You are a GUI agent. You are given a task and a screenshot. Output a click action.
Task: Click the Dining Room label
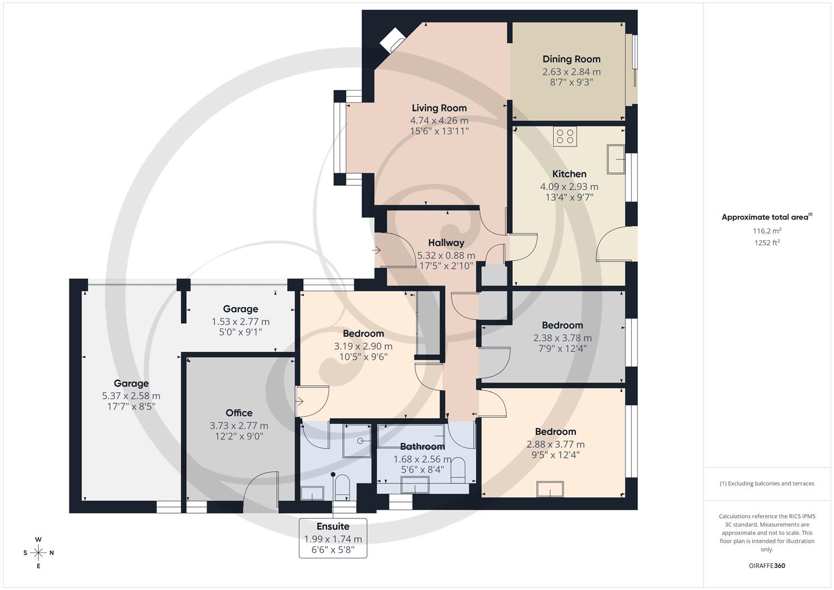571,59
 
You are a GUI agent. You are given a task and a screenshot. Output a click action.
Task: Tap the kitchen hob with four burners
565,136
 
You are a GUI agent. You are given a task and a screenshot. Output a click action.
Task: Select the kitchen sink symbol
616,159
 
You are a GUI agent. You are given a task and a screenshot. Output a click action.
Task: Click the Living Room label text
439,108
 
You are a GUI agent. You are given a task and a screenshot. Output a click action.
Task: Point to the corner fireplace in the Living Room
392,40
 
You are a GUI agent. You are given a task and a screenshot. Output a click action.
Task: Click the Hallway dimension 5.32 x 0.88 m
446,255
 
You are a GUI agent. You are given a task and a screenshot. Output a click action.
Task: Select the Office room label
239,413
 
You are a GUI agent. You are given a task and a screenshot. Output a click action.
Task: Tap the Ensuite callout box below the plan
333,538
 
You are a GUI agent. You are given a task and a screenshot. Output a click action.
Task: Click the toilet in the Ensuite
342,486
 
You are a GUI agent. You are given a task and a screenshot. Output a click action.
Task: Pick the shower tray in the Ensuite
357,440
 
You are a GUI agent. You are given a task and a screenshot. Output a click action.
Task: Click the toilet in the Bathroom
458,469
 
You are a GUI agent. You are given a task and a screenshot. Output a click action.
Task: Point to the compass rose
38,552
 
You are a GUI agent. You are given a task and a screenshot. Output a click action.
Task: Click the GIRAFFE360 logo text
767,565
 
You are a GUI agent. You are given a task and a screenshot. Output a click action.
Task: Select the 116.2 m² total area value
767,231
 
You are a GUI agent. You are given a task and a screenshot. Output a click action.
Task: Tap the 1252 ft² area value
767,243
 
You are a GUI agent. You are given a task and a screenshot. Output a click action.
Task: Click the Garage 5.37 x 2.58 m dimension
131,396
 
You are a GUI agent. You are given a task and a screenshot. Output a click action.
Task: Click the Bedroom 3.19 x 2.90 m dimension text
363,346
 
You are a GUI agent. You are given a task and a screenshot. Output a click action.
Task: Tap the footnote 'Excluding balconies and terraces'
767,483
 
